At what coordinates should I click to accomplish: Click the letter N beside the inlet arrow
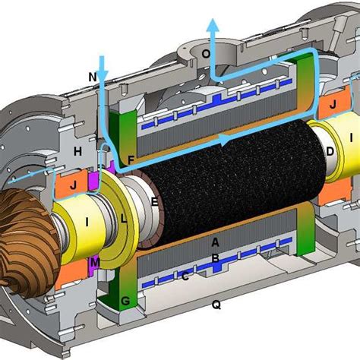(93, 77)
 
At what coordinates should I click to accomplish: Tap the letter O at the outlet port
(226, 55)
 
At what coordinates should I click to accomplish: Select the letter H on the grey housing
(77, 152)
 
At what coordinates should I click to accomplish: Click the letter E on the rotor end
(154, 202)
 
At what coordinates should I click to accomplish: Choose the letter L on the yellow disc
(125, 218)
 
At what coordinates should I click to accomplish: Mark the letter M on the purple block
(95, 262)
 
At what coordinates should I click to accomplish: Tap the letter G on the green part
(126, 302)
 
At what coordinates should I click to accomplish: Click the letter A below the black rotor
(216, 242)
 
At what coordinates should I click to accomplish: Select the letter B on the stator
(216, 259)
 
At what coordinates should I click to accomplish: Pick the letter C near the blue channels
(185, 276)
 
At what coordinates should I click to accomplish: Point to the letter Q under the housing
(216, 305)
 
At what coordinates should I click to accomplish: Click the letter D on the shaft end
(330, 152)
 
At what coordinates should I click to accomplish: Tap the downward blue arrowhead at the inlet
(103, 75)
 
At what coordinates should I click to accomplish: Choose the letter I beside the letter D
(351, 137)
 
